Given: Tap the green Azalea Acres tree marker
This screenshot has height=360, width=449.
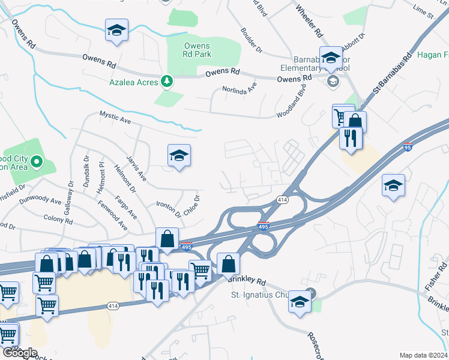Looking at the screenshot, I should point(167,82).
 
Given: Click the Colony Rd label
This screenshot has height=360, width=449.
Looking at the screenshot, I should point(58,220).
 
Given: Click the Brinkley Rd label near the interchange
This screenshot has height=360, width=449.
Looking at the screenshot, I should point(246,281).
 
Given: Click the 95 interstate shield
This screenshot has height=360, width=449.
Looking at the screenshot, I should point(408,147).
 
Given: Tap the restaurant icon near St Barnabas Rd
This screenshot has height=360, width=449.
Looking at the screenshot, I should point(348,137).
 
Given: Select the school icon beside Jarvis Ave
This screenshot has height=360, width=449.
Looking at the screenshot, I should point(179,155).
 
